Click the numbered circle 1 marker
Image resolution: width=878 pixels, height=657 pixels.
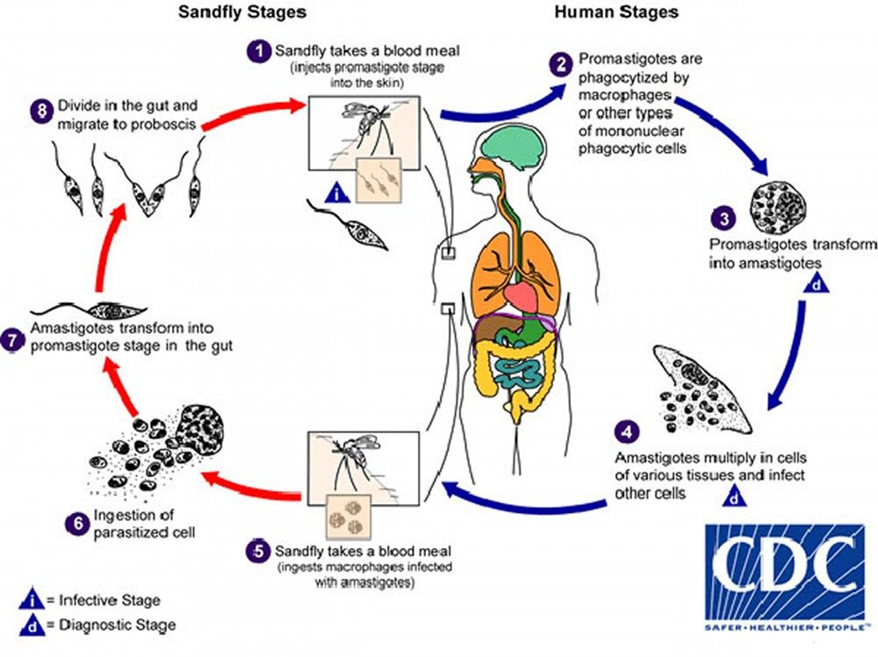(x=259, y=51)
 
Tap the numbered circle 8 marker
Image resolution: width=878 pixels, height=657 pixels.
(x=42, y=112)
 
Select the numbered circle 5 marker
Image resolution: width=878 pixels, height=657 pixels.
(x=258, y=551)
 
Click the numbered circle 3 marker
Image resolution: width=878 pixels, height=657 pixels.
(x=724, y=219)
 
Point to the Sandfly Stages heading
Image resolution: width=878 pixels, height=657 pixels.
(x=242, y=12)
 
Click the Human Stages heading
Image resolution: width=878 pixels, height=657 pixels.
(x=616, y=12)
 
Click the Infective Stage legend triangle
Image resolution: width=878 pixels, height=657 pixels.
(x=31, y=600)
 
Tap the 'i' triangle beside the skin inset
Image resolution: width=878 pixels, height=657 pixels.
(x=338, y=194)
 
